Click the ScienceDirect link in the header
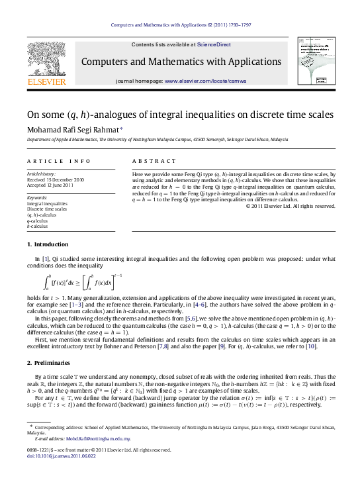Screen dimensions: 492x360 pyautogui.click(x=214, y=44)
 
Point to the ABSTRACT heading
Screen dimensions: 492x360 pyautogui.click(x=150, y=161)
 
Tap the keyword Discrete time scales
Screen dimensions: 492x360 pyautogui.click(x=48, y=209)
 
